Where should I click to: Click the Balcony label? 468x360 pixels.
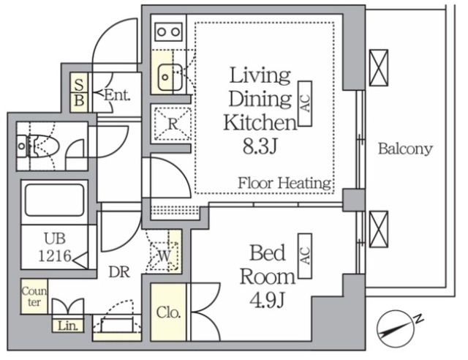405,149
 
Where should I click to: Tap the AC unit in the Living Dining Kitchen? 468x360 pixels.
305,103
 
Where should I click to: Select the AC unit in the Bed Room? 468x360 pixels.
305,256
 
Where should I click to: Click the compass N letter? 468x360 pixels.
419,319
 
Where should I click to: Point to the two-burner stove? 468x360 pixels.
168,31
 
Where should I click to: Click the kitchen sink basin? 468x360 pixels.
170,78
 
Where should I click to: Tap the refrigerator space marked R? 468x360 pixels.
173,124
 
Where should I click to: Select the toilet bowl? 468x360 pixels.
42,146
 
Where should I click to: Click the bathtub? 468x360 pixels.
55,200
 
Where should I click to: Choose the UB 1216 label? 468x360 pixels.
55,247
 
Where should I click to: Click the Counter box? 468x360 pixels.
34,296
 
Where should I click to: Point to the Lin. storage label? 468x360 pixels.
68,326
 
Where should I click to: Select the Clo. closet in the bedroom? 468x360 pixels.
168,312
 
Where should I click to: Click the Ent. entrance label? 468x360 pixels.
117,95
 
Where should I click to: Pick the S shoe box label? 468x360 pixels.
79,84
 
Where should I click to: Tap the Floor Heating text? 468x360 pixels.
284,183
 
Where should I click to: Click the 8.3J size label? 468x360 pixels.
260,146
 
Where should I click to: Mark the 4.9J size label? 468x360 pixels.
267,300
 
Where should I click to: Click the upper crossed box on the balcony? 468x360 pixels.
379,68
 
